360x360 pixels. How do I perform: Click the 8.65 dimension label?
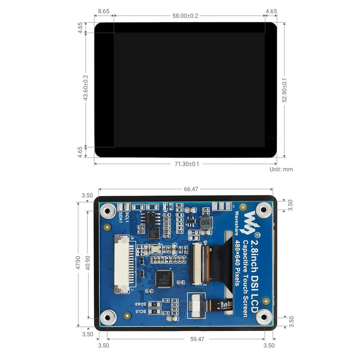coord(103,11)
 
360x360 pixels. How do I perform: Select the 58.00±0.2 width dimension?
coord(185,16)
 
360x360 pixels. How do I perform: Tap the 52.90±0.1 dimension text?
coord(285,90)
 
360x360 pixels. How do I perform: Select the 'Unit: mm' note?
coord(281,169)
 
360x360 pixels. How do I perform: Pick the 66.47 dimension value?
coord(191,189)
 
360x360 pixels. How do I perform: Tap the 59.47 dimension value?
coord(197,339)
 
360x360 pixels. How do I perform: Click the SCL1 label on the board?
coord(127,217)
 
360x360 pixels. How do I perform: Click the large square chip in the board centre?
coord(164,279)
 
